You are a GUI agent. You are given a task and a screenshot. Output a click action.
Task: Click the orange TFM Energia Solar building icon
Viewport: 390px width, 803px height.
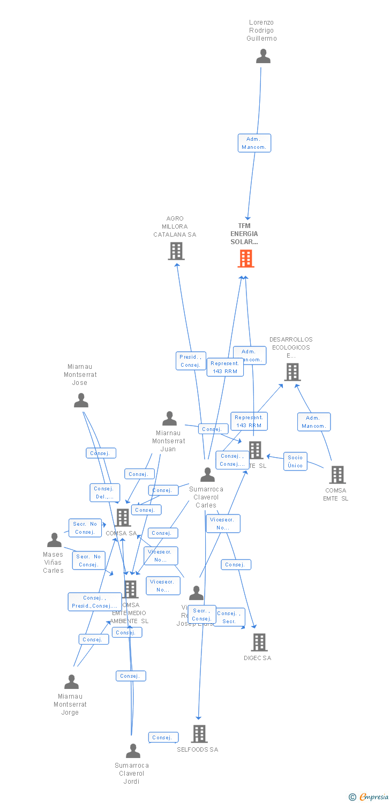(246, 259)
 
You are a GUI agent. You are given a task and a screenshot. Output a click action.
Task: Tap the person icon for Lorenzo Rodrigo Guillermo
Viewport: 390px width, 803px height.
(263, 56)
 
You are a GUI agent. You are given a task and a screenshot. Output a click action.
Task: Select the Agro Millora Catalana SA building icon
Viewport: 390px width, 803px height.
(176, 251)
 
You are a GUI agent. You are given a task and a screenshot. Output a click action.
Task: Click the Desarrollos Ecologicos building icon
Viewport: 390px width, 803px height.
(292, 372)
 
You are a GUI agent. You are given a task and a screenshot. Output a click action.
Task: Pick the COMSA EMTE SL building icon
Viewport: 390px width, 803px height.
(337, 474)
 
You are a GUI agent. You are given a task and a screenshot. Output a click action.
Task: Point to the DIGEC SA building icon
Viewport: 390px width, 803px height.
(259, 642)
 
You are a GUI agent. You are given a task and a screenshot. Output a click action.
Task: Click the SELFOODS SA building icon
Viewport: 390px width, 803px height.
(199, 733)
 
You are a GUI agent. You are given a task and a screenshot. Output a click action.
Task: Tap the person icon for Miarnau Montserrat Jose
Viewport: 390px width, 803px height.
(81, 400)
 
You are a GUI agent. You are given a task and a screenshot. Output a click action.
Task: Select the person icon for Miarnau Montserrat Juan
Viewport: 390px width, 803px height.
(169, 419)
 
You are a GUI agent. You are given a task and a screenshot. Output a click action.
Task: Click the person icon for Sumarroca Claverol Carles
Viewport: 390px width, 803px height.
(207, 474)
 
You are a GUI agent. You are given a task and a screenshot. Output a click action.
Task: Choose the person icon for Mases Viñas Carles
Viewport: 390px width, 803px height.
(54, 540)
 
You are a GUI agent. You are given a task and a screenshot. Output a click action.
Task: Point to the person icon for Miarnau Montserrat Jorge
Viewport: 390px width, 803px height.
(71, 681)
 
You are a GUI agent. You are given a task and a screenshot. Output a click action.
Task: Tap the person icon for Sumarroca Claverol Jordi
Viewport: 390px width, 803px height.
(133, 751)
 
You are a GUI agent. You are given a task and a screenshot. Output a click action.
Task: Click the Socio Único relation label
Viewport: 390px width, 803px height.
(295, 461)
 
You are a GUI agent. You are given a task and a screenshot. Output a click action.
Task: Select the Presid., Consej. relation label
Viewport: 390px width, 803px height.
(191, 361)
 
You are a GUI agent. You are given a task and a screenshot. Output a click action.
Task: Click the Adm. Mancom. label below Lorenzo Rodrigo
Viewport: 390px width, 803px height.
(254, 143)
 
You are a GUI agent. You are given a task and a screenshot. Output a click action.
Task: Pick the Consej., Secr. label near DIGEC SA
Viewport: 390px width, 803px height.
(229, 617)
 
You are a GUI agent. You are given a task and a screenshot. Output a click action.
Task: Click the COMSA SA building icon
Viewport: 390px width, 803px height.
(123, 517)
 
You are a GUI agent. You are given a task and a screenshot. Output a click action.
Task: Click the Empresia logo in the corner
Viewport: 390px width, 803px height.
(370, 797)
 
